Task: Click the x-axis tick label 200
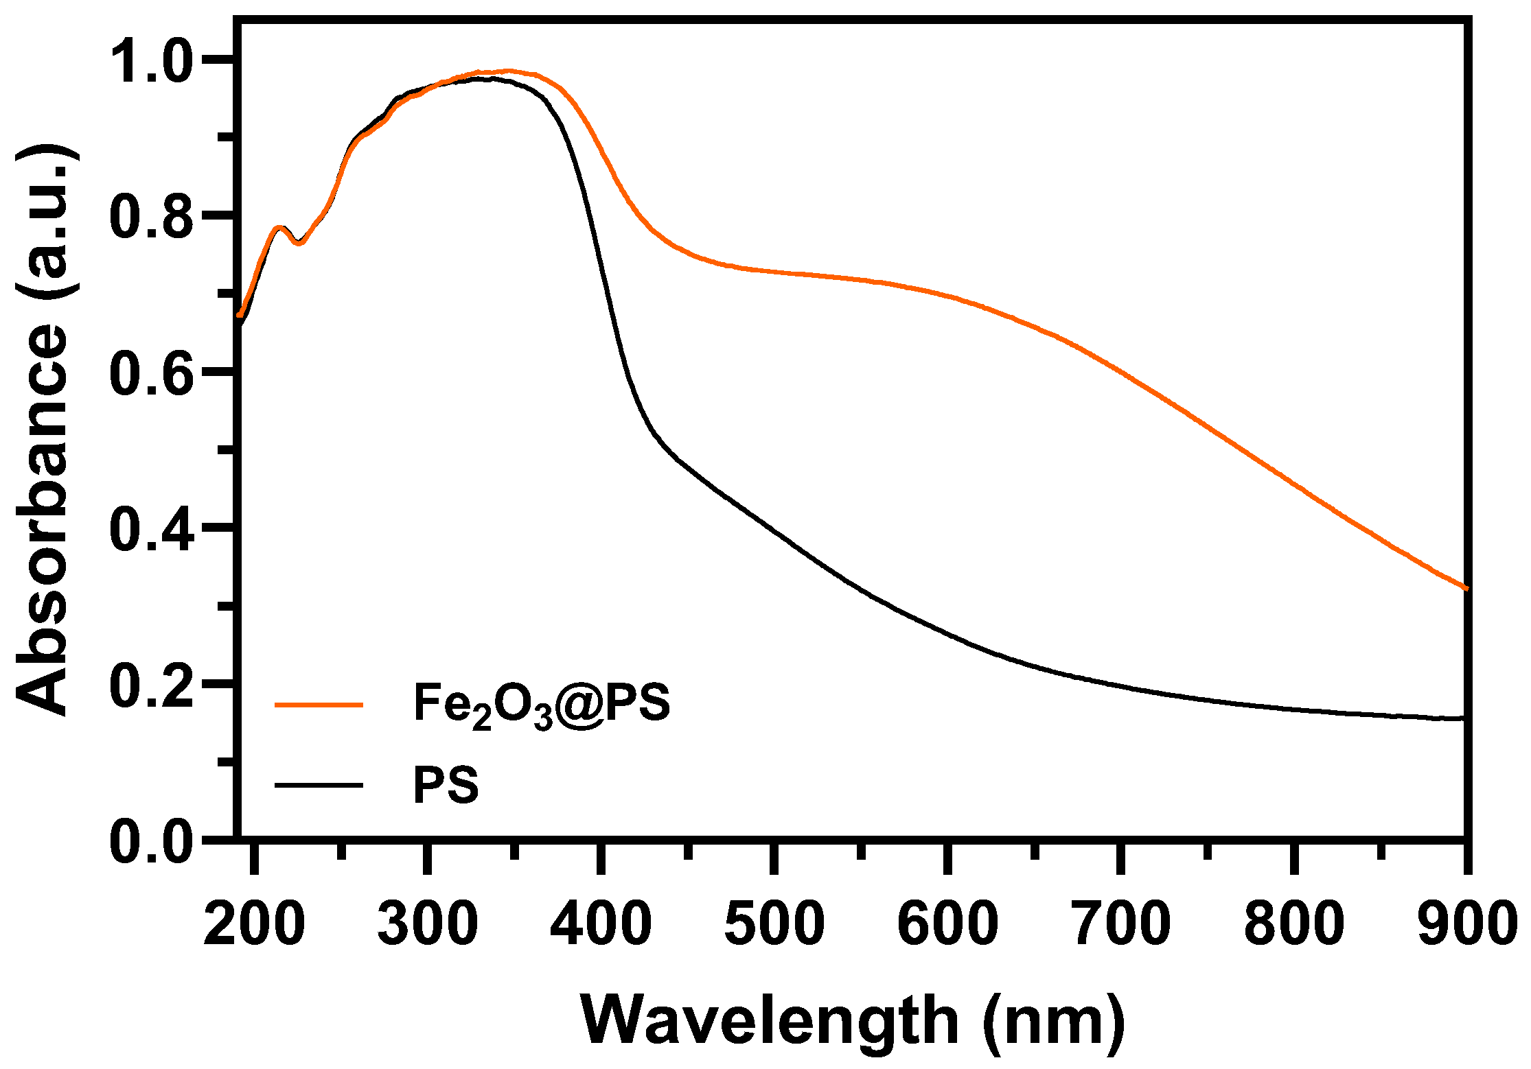(x=255, y=924)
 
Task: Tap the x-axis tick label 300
(x=428, y=924)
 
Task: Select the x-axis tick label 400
(x=601, y=924)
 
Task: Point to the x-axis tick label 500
(x=774, y=924)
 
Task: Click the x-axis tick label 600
(x=947, y=924)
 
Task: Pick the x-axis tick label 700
(x=1121, y=924)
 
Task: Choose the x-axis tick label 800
(x=1294, y=924)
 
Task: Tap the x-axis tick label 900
(x=1466, y=924)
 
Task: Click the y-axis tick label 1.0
(x=151, y=61)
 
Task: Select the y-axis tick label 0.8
(x=151, y=217)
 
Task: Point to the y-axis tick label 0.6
(x=151, y=373)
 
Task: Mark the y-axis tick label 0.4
(x=151, y=529)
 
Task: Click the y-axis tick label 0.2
(x=151, y=685)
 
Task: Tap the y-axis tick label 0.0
(x=151, y=841)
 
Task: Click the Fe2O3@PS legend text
(x=541, y=705)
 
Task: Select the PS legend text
(x=446, y=785)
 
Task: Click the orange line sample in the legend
(x=319, y=704)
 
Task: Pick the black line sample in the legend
(x=319, y=784)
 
